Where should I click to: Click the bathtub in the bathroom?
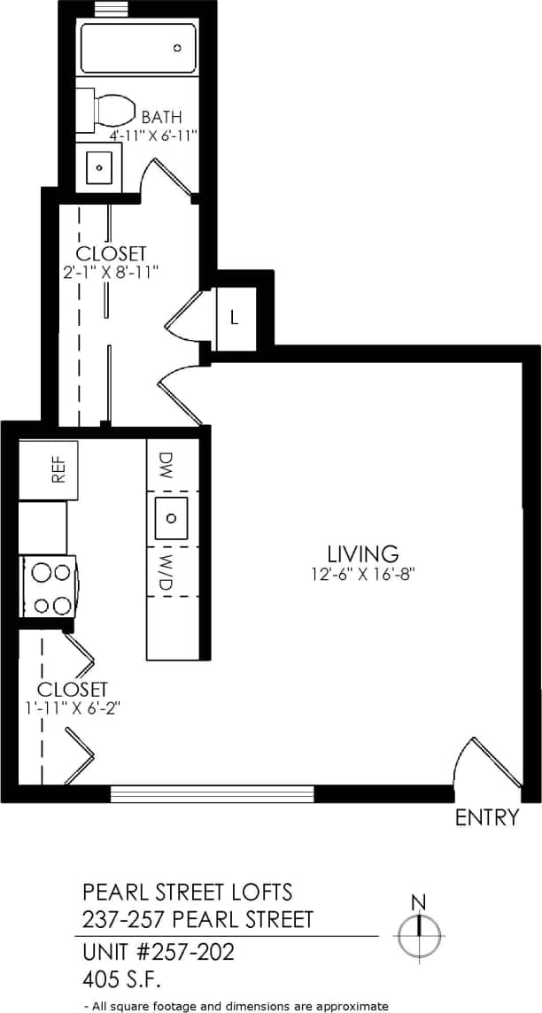click(x=138, y=49)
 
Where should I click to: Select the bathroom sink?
click(x=99, y=166)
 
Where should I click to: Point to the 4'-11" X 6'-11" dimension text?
click(x=152, y=135)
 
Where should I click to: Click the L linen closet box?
click(x=235, y=317)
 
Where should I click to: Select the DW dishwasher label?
click(x=166, y=464)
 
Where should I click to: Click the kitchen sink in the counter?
click(x=172, y=517)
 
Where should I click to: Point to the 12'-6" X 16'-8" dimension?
click(x=363, y=574)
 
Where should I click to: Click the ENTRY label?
click(x=486, y=817)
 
